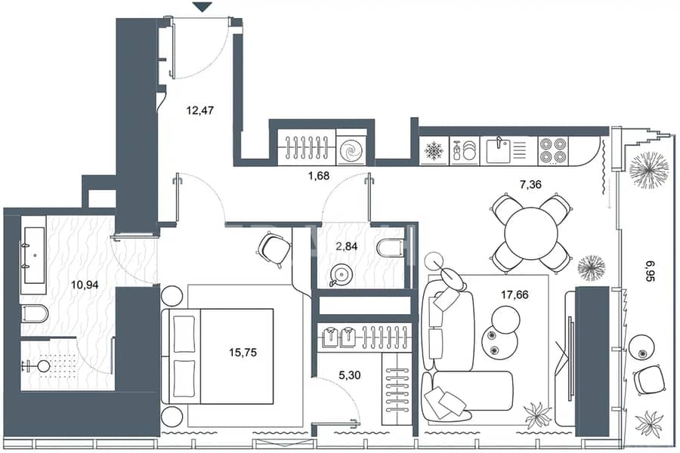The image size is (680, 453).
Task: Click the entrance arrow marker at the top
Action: [202, 7]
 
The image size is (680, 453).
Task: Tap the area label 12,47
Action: [200, 110]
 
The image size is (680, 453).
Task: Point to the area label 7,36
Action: [530, 185]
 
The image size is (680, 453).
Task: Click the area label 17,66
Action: [515, 295]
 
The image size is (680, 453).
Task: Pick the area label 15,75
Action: [243, 353]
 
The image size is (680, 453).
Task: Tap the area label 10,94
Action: [85, 285]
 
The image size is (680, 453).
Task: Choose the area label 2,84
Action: [347, 247]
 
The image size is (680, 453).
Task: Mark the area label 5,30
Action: [349, 375]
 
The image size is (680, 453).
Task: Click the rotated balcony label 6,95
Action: [650, 271]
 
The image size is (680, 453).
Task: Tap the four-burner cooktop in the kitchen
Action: [553, 150]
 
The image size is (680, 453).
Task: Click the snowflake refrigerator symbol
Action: [433, 150]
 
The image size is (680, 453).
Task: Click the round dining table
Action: [531, 233]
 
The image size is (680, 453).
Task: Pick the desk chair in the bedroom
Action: [274, 249]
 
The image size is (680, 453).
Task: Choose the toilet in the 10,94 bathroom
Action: [34, 314]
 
